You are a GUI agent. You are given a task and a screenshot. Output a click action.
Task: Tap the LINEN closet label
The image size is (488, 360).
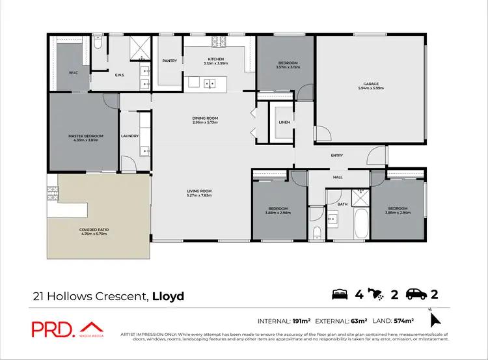(284, 122)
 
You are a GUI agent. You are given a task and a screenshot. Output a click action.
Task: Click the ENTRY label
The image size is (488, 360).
(336, 155)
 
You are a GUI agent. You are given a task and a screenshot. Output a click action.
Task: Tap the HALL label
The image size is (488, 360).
(337, 177)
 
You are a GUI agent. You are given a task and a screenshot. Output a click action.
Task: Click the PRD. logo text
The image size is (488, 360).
(53, 330)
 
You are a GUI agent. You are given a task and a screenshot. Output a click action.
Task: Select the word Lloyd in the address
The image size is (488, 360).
(168, 296)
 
